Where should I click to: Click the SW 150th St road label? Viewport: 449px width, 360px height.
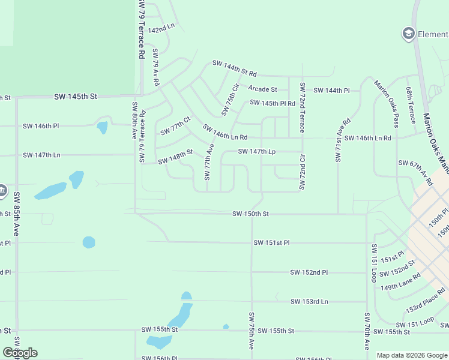tap(251, 214)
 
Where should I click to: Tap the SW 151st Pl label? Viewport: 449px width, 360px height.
tap(271, 243)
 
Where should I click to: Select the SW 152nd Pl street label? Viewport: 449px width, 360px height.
tap(309, 272)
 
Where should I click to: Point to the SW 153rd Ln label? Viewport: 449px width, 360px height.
tap(309, 301)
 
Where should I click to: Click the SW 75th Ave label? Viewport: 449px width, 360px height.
tap(252, 331)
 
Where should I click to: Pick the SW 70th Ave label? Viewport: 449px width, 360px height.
tap(366, 331)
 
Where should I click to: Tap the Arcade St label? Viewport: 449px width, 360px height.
tap(262, 89)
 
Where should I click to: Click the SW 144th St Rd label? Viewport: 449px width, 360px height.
tap(234, 68)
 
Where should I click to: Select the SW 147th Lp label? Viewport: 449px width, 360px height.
tap(256, 152)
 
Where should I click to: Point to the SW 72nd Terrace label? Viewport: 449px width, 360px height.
tap(303, 108)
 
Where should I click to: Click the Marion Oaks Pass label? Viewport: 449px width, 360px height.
tap(387, 104)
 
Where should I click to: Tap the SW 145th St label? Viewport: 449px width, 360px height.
tap(75, 96)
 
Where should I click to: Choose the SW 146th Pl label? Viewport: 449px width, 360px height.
tap(41, 126)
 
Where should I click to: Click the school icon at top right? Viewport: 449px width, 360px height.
tap(409, 34)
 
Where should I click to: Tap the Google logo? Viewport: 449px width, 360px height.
tap(20, 353)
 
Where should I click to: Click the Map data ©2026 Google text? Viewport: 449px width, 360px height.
tap(412, 355)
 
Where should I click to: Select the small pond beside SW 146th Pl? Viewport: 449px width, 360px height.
tap(102, 127)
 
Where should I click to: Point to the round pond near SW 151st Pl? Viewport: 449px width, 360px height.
tap(89, 242)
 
